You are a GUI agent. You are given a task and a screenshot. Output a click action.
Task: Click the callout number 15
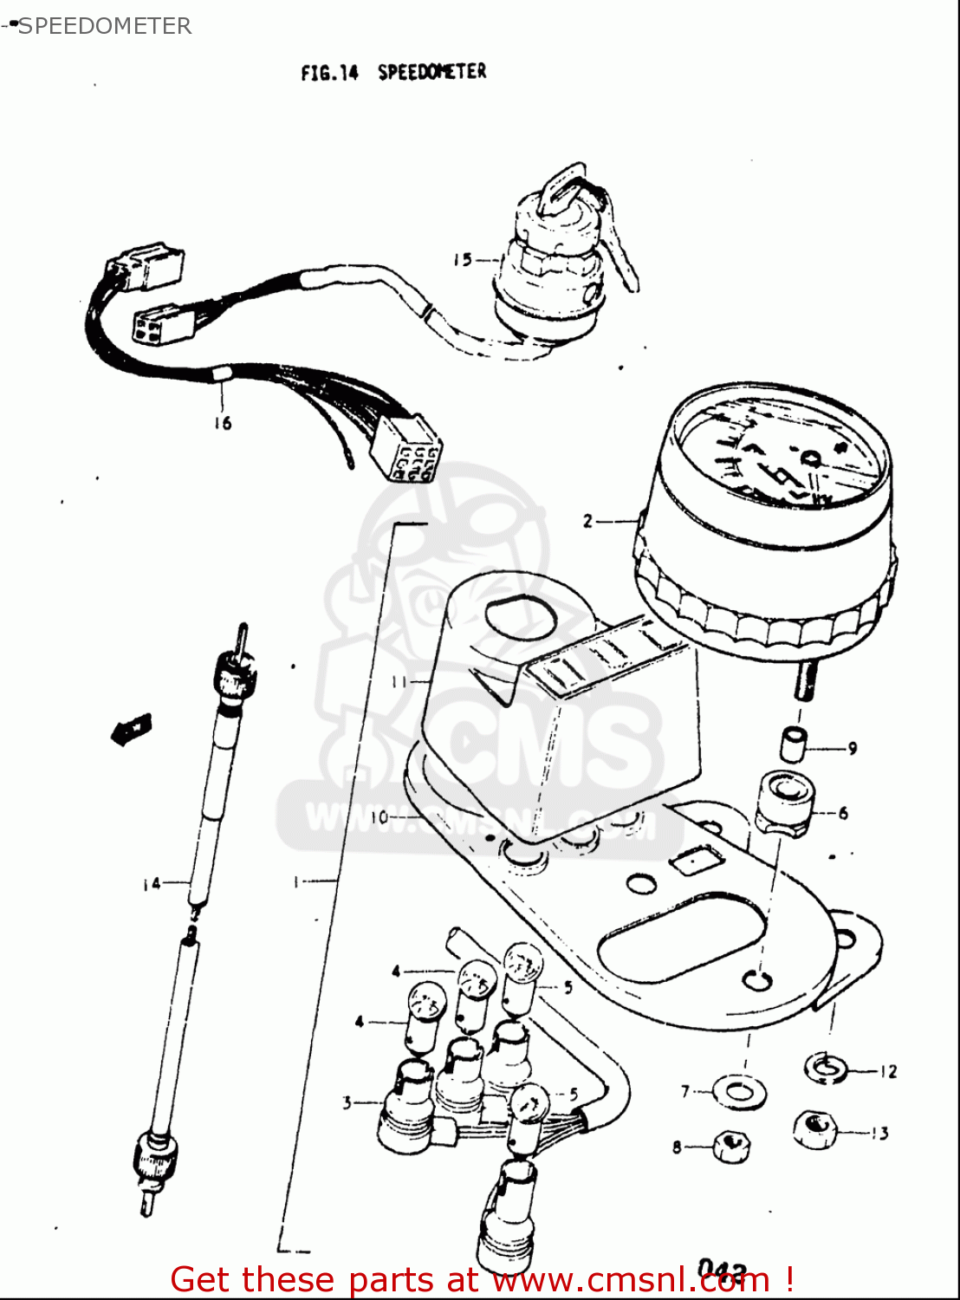tap(462, 259)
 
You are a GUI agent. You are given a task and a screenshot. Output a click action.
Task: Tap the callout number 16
tap(223, 423)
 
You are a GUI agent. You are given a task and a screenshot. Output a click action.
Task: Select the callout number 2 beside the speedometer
tap(588, 521)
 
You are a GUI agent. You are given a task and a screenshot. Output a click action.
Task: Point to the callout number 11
tap(399, 682)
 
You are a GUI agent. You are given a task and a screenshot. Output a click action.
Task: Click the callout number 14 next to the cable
tap(152, 883)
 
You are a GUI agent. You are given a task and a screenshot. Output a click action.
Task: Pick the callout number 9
tap(852, 748)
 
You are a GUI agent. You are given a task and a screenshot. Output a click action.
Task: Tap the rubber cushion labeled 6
tap(784, 804)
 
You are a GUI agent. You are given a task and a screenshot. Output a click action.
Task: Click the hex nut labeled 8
tap(730, 1147)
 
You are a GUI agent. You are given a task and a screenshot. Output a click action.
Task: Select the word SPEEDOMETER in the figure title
tap(431, 72)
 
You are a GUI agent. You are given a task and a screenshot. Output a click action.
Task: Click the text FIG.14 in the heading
tap(329, 74)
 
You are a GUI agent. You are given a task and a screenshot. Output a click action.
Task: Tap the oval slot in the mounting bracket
tap(684, 937)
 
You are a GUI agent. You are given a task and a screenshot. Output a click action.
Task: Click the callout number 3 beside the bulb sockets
tap(347, 1102)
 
